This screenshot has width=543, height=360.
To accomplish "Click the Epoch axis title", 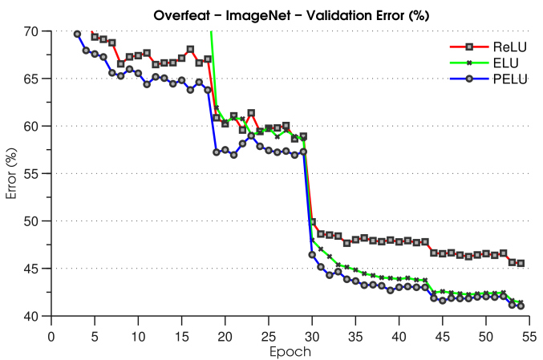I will tap(290, 350).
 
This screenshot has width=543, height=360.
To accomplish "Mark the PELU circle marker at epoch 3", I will tap(77, 34).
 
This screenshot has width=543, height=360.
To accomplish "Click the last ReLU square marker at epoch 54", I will tap(521, 263).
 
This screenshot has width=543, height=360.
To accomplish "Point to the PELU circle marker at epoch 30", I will tap(312, 255).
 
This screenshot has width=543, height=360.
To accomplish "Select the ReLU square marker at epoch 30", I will tap(312, 222).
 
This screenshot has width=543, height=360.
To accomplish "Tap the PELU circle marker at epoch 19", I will tap(217, 152).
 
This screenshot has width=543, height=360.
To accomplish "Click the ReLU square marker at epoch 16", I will tap(190, 50).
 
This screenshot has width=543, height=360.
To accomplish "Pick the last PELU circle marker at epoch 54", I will tap(521, 305).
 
